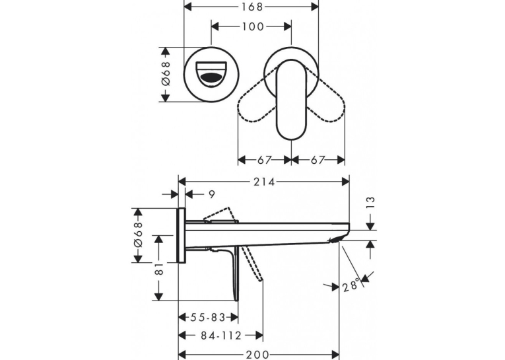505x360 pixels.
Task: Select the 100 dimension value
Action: coord(252,26)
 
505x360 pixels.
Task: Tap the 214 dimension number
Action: coord(264,182)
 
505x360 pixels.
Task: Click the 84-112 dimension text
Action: coord(221,336)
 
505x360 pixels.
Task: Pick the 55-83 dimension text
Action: coord(207,318)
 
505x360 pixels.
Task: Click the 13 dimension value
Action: coord(371,204)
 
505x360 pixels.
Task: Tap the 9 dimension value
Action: coord(212,195)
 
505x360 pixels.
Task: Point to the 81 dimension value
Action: coord(159,268)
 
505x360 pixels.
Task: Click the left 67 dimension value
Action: coord(265,160)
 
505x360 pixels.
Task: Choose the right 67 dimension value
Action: coord(318,160)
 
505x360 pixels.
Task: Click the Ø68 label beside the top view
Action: coord(165,73)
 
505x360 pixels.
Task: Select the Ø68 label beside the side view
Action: coord(137,234)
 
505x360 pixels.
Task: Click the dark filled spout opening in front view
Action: coord(211,78)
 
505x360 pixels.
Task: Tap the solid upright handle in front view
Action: coord(292,100)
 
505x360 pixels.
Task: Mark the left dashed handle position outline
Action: coord(257,106)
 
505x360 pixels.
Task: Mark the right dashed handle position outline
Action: coord(326,106)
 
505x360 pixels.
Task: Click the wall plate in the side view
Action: coord(182,235)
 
